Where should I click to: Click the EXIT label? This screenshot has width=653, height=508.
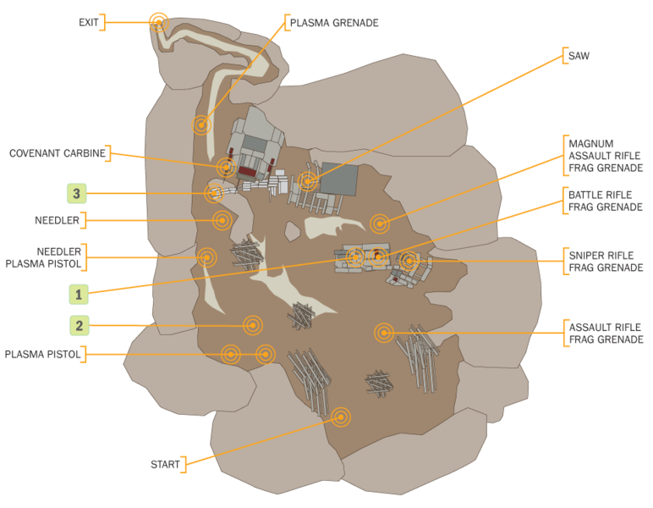88,22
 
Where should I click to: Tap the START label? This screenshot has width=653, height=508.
165,465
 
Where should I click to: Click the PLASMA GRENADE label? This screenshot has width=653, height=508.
333,23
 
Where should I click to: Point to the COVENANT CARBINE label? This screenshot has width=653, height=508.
58,153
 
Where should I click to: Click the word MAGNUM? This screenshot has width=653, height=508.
590,143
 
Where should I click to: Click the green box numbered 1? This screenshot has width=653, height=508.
79,294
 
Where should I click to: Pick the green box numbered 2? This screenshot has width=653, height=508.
79,325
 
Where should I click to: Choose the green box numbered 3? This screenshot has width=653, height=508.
77,194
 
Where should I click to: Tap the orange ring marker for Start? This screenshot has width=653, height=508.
341,417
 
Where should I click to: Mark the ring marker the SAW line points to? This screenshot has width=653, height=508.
309,180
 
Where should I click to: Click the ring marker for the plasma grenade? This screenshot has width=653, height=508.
200,125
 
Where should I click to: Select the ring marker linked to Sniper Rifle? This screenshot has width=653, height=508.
409,261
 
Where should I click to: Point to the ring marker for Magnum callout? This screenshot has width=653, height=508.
380,224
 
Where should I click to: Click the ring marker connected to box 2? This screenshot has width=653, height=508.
251,324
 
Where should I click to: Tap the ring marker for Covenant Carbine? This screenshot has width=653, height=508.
226,167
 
